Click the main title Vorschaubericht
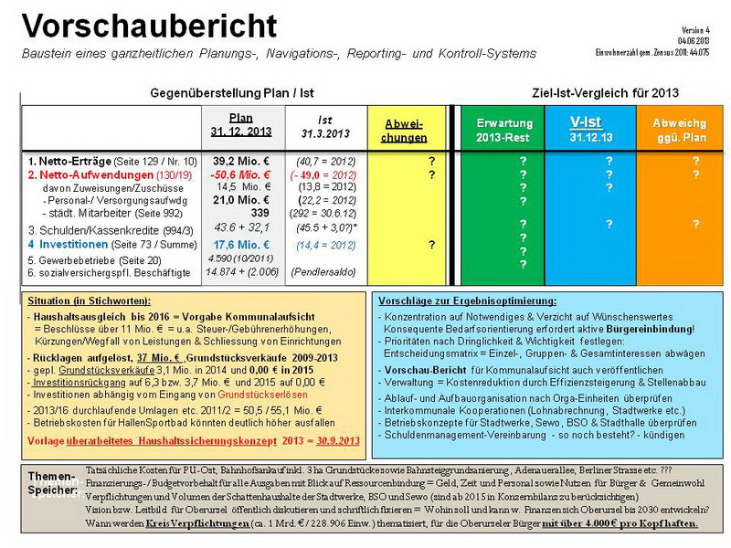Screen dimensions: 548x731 coord(150,26)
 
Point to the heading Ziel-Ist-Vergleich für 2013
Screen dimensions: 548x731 coord(605,93)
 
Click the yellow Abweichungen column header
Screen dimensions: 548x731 coord(405,132)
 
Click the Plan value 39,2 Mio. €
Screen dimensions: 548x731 coord(241,161)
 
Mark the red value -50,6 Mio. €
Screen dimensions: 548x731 coord(241,174)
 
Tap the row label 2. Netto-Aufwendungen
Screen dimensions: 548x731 coord(81,174)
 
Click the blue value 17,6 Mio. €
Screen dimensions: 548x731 coord(241,245)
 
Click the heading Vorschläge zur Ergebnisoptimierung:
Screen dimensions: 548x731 coord(466,300)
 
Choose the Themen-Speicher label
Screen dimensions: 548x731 coord(54,482)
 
